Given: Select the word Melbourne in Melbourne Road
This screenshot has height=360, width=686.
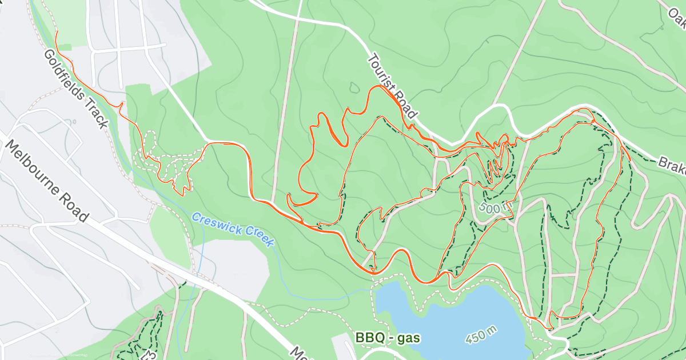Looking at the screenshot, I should tap(38, 171).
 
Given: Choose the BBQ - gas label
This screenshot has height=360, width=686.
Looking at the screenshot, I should tap(388, 338).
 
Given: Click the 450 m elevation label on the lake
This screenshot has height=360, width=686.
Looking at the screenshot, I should tap(481, 335).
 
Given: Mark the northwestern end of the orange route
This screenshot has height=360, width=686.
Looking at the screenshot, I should tap(56, 31).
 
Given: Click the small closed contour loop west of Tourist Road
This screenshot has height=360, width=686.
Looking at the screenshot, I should tap(354, 87).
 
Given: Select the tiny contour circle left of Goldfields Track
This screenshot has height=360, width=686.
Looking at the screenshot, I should tap(71, 122).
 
